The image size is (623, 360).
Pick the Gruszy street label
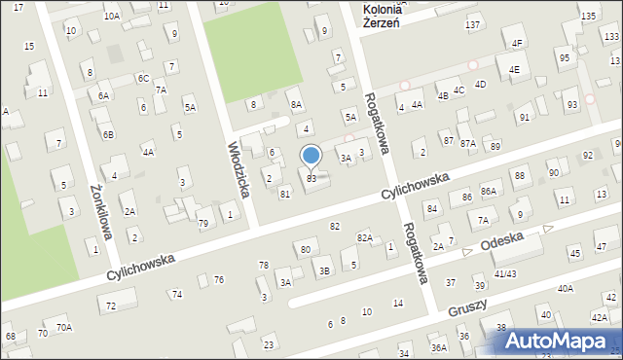point(467,307)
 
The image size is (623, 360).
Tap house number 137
point(473,24)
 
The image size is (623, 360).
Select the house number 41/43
point(505,274)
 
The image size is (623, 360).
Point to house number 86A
point(489,192)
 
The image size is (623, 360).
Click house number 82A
point(364,237)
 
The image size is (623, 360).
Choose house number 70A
point(63,328)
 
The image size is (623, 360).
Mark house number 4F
point(517,43)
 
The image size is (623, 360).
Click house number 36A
point(439,347)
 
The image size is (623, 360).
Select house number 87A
point(468,143)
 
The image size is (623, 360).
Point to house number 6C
point(143,78)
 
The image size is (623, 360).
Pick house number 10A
point(112,16)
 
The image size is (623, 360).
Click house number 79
point(203,224)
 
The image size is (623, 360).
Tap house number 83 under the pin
point(311,179)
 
